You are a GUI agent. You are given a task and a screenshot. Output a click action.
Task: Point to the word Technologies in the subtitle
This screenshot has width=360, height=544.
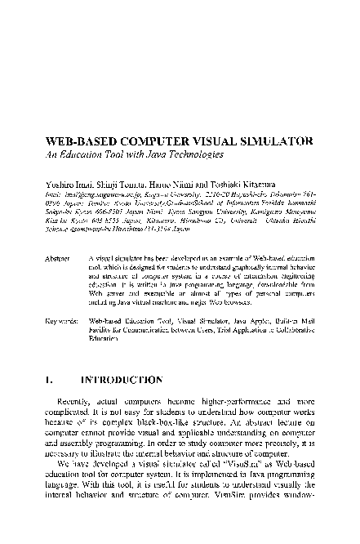tap(194, 154)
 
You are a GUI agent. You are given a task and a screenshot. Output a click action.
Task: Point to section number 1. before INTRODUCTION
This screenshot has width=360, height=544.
tap(50, 380)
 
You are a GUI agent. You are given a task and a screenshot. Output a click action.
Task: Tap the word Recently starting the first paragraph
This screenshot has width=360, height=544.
tap(76, 404)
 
